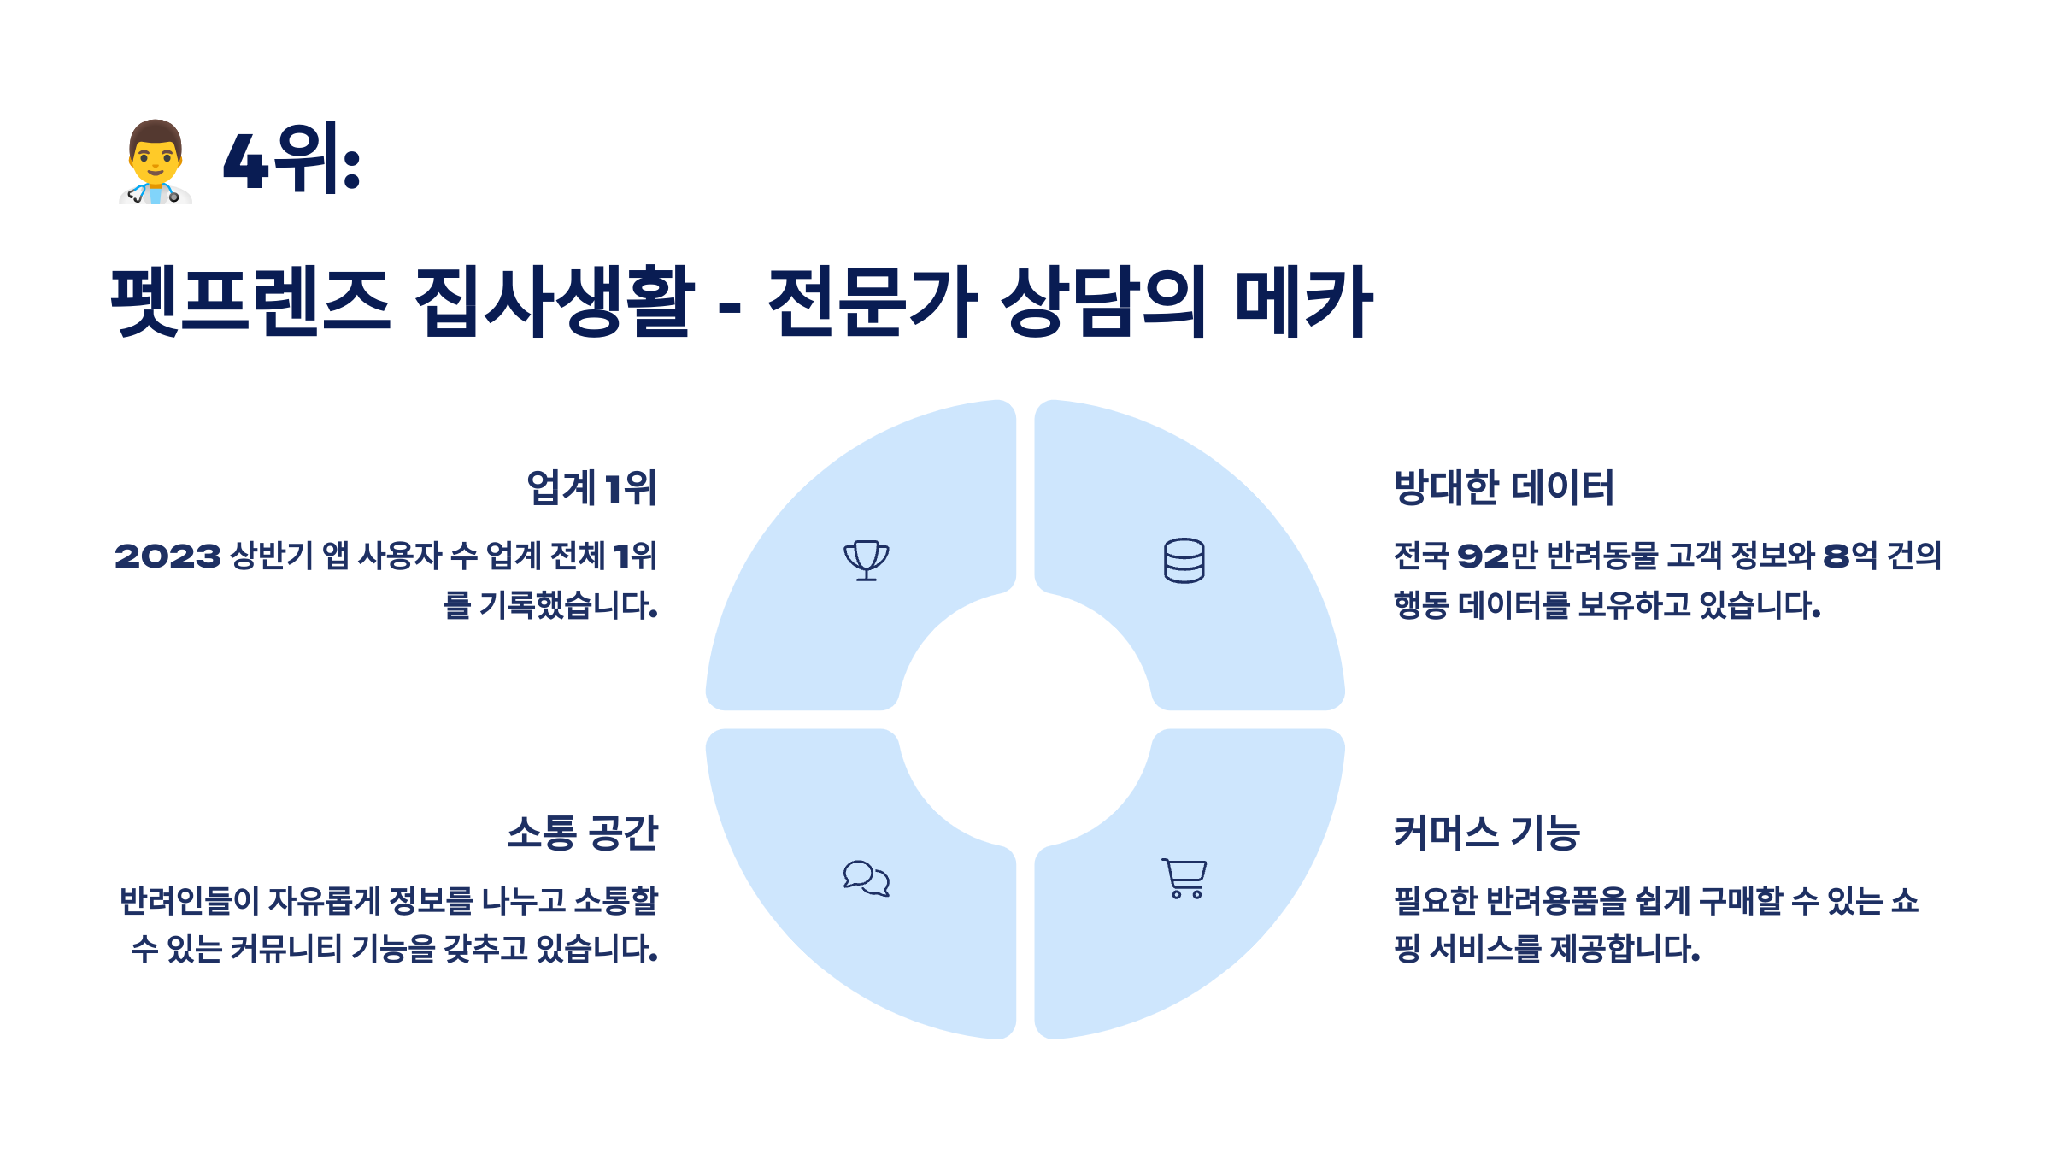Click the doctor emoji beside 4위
pyautogui.click(x=156, y=162)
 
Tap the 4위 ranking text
pyautogui.click(x=291, y=160)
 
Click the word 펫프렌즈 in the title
pyautogui.click(x=250, y=301)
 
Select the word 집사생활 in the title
pyautogui.click(x=554, y=301)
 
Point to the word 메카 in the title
pyautogui.click(x=1302, y=301)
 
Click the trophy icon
pyautogui.click(x=867, y=561)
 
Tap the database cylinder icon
pyautogui.click(x=1184, y=561)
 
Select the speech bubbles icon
pyautogui.click(x=867, y=879)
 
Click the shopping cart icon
pyautogui.click(x=1184, y=879)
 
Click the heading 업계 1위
pyautogui.click(x=591, y=488)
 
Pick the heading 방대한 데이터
pyautogui.click(x=1504, y=488)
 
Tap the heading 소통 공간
pyautogui.click(x=583, y=833)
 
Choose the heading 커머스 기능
pyautogui.click(x=1487, y=833)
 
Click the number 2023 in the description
pyautogui.click(x=167, y=556)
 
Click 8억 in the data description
pyautogui.click(x=1849, y=556)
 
